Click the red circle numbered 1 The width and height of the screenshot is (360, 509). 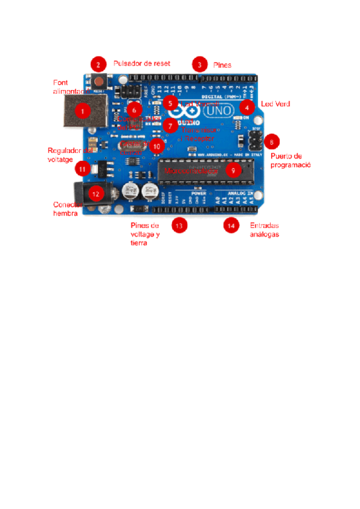tap(82, 110)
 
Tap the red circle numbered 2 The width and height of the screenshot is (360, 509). tap(97, 64)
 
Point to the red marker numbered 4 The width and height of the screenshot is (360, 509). tap(245, 108)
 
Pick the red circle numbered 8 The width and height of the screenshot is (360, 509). tap(272, 142)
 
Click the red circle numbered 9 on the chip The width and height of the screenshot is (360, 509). tap(233, 170)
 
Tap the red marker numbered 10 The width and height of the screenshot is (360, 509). tap(157, 145)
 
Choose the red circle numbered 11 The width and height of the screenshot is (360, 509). tap(83, 169)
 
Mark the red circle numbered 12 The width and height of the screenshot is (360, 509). tap(95, 193)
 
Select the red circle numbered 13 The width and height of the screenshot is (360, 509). tap(178, 225)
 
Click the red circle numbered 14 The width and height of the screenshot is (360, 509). tap(230, 225)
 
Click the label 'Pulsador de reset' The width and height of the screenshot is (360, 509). tap(142, 63)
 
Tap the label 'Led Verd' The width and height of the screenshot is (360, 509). tap(275, 104)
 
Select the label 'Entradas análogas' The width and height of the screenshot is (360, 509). tap(264, 230)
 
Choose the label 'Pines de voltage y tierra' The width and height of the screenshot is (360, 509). tap(145, 234)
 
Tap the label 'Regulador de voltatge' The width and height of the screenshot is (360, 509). tap(67, 155)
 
